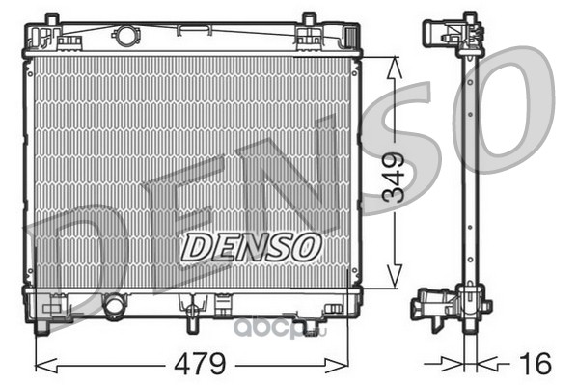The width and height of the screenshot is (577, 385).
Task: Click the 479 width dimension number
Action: (200, 364)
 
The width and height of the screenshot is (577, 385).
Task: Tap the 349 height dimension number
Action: (394, 178)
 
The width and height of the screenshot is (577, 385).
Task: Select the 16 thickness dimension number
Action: (536, 364)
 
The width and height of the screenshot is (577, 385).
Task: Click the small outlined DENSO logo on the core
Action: (251, 247)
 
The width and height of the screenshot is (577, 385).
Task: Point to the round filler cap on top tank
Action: (126, 36)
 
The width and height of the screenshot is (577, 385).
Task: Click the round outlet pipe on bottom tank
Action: (115, 305)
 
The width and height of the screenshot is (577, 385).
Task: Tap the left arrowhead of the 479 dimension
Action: (45, 366)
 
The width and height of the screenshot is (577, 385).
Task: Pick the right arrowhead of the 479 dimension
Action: (337, 366)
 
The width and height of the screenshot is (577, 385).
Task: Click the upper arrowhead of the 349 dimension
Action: (394, 68)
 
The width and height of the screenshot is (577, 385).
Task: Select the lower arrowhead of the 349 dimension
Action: (394, 277)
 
